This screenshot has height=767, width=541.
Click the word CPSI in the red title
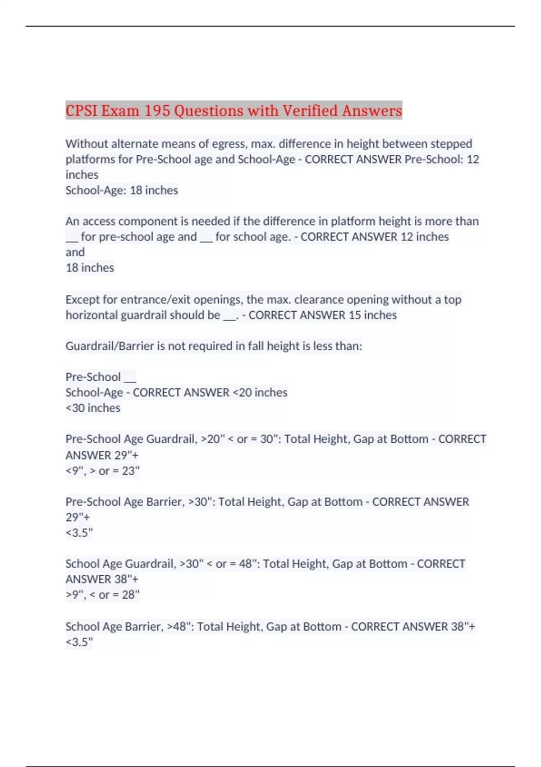point(82,111)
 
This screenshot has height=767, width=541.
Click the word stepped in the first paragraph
point(451,144)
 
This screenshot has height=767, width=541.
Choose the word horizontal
point(92,315)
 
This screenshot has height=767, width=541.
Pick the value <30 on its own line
point(75,408)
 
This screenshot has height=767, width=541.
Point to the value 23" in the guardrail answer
point(131,471)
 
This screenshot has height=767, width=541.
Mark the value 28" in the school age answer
point(131,595)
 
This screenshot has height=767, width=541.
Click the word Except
point(82,300)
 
